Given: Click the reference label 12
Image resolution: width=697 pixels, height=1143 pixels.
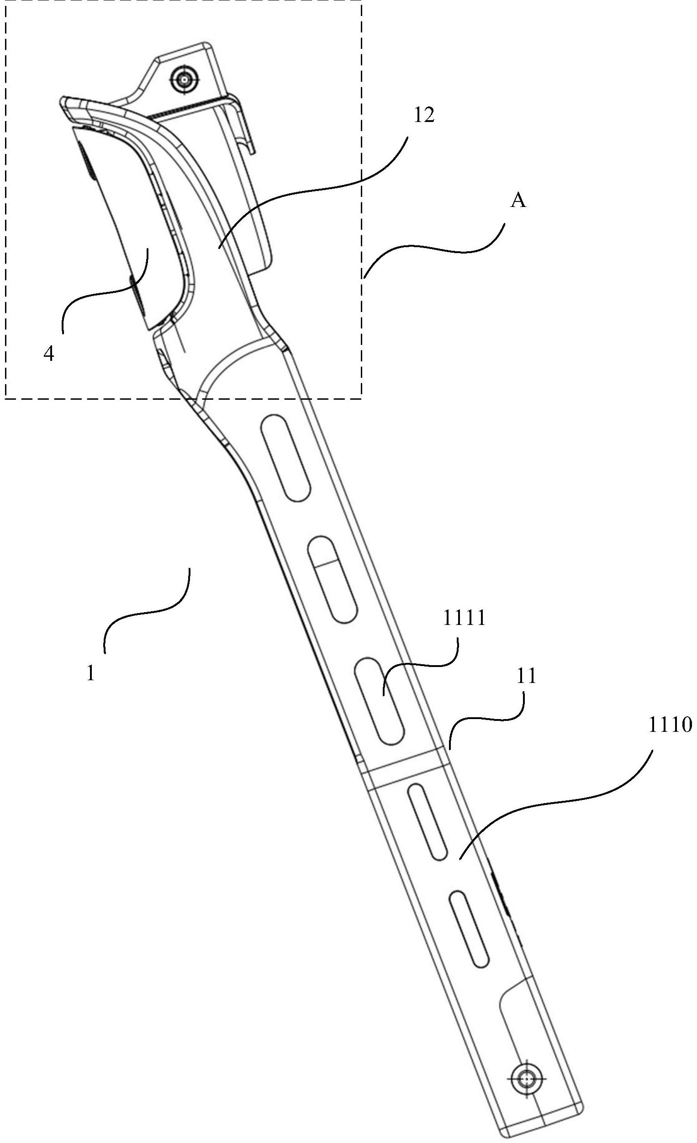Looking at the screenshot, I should (424, 116).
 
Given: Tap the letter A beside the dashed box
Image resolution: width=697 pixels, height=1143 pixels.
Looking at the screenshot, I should (518, 201).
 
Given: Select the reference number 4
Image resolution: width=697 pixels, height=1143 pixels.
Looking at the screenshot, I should (49, 354).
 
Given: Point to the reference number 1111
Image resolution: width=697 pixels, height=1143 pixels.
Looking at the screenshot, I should (464, 618).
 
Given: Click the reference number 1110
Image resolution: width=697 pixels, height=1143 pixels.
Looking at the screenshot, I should (669, 724).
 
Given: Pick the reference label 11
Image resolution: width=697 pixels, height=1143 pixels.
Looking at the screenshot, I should (526, 676).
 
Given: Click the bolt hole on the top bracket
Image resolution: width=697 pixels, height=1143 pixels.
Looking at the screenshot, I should (184, 80).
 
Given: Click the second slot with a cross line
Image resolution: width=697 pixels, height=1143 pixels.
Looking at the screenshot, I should (333, 579).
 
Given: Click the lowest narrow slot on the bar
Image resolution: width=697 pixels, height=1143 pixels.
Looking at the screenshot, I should (469, 929).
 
